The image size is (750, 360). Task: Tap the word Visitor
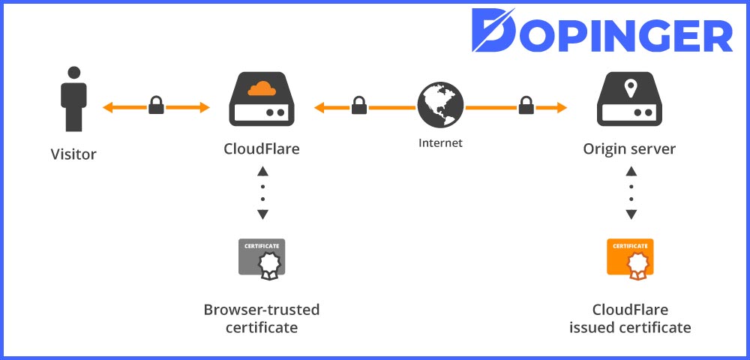73,155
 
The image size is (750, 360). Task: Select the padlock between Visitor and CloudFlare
156,106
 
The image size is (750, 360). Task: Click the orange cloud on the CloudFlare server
262,88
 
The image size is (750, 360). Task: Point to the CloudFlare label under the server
262,148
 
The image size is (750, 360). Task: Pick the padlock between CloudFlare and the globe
359,106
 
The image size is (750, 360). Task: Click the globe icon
440,105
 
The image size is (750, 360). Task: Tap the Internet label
440,142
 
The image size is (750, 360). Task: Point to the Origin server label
629,148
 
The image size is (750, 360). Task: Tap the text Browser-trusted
262,310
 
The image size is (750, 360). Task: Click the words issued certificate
630,328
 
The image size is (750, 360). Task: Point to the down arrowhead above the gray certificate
262,215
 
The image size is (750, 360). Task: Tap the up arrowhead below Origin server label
631,171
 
